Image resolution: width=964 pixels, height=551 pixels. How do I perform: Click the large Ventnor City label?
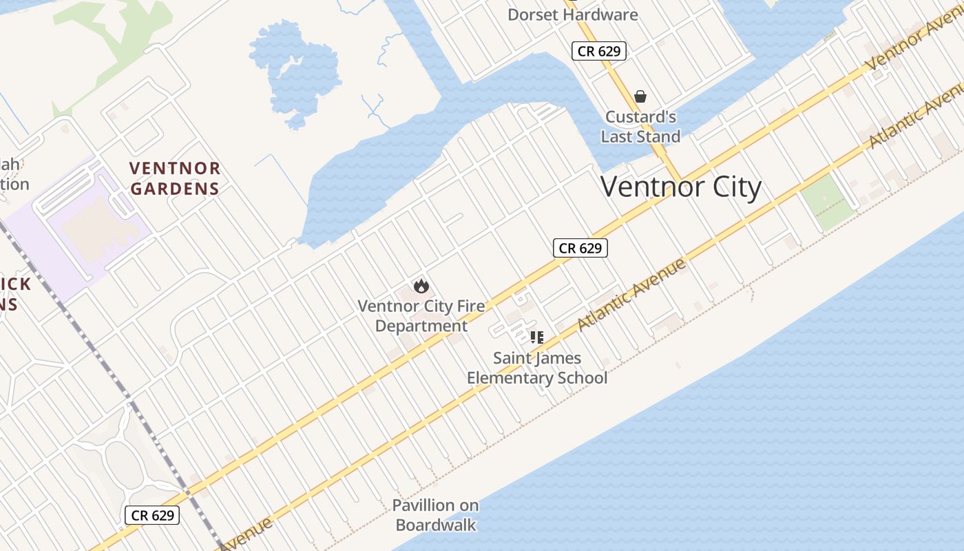pos(681,187)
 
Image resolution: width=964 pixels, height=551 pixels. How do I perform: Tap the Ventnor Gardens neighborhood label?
pos(175,178)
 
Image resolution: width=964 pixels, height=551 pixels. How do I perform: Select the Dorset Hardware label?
pos(572,14)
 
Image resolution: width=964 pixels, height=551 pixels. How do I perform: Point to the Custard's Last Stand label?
pos(640,127)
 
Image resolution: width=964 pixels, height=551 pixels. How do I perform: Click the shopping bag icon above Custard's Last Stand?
pos(640,96)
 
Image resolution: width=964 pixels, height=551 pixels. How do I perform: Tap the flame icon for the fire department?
pos(421,285)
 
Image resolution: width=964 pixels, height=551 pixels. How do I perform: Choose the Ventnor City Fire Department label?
pos(421,315)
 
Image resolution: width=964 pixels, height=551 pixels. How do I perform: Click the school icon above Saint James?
pos(537,337)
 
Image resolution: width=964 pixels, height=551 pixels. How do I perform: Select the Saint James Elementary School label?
pos(537,368)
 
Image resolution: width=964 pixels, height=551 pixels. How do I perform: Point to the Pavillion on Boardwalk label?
pos(435,514)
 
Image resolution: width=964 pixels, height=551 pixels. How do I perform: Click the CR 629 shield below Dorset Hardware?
pos(599,51)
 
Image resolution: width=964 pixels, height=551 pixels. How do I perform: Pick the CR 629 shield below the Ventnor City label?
pos(580,248)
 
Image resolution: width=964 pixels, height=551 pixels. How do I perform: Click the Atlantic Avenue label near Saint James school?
pos(631,294)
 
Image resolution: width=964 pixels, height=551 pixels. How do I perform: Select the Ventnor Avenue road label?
pos(912,41)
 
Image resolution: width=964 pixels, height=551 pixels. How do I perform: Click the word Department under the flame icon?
pos(421,326)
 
